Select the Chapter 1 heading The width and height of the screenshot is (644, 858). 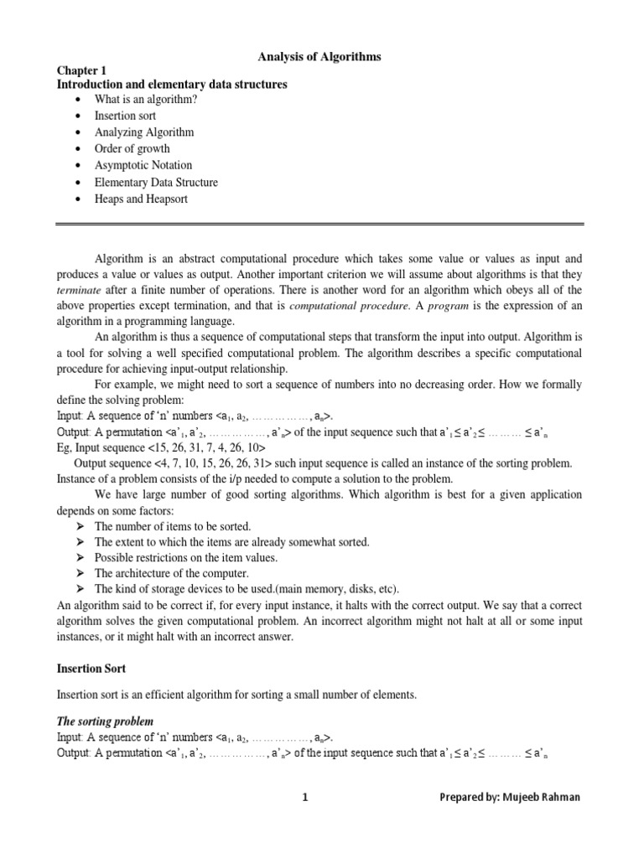click(81, 71)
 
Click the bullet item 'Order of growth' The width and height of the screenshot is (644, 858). click(132, 149)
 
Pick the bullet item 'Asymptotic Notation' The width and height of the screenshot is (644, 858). click(143, 166)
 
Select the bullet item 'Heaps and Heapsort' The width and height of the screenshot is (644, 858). click(141, 199)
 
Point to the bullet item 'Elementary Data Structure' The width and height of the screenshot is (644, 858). click(156, 183)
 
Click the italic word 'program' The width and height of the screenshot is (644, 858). click(441, 306)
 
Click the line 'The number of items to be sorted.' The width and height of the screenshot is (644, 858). click(173, 526)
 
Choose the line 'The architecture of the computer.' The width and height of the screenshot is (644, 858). click(172, 573)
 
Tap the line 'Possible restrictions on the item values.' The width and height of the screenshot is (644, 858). click(185, 557)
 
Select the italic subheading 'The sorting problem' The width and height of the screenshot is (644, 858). click(105, 721)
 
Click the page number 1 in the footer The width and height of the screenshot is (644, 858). click(306, 798)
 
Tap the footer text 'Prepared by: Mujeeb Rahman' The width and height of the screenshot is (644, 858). click(510, 798)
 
